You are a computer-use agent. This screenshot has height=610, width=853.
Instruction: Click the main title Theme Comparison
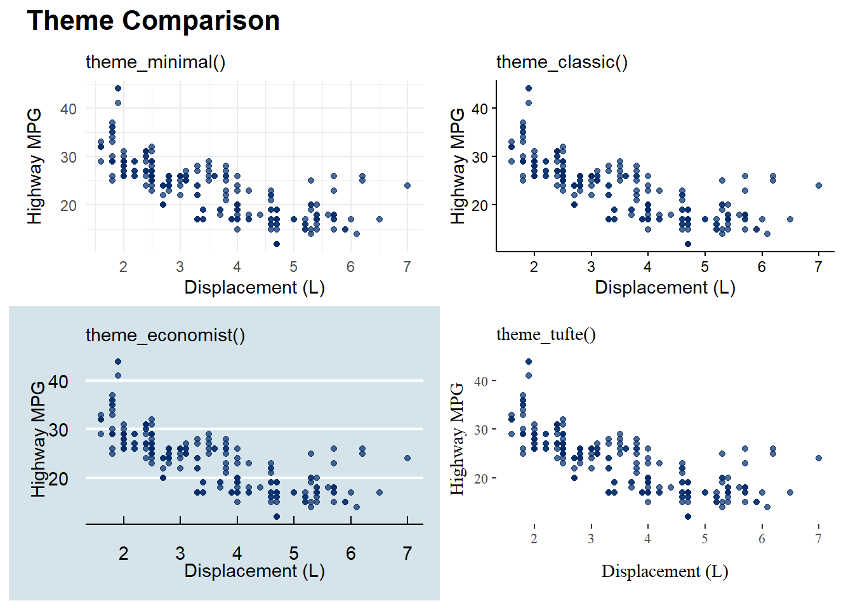click(153, 21)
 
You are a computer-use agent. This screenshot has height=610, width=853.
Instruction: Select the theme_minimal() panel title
click(155, 62)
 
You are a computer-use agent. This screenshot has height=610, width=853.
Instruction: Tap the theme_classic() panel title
click(562, 62)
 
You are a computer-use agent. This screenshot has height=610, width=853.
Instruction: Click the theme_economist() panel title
click(165, 335)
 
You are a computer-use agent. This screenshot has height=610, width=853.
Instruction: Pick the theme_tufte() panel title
click(546, 334)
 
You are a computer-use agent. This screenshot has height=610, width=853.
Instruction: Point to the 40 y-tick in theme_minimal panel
click(69, 109)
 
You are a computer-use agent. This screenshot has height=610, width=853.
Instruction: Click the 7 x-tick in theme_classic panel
click(819, 267)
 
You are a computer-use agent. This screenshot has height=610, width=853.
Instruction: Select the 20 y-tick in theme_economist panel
click(58, 479)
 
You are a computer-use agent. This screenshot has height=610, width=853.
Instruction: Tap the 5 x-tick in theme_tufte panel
click(704, 539)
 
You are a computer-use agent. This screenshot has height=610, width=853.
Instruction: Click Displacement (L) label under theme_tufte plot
click(665, 571)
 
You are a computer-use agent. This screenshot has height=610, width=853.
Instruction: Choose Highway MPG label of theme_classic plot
click(458, 166)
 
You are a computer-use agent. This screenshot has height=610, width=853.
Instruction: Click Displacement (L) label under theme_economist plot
click(254, 571)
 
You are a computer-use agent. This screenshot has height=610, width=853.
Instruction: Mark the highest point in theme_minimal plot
click(118, 88)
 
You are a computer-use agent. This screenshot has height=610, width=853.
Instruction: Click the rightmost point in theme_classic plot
click(819, 186)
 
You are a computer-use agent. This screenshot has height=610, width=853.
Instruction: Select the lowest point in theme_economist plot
click(277, 517)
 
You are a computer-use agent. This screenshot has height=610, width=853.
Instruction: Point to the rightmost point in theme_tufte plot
click(819, 458)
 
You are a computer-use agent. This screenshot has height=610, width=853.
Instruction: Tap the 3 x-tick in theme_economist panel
click(180, 553)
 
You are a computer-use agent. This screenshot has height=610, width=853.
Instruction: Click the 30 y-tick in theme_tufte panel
click(480, 430)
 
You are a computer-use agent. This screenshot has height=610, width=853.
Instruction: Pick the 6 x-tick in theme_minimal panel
click(350, 267)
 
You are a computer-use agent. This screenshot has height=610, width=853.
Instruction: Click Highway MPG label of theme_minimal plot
click(35, 166)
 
